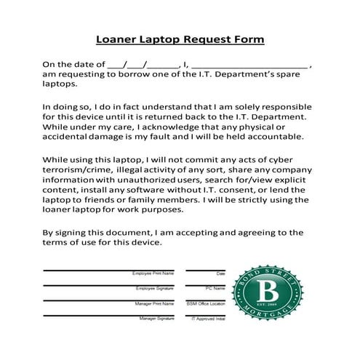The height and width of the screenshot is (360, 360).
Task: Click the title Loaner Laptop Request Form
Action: [x=180, y=39]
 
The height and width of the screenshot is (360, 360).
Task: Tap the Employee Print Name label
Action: [x=153, y=273]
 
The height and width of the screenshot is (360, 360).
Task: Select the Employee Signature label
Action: [x=154, y=289]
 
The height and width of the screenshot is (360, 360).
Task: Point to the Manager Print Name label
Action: [x=153, y=303]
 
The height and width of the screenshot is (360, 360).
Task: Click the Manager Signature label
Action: [x=156, y=319]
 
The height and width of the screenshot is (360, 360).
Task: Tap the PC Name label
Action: [x=217, y=289]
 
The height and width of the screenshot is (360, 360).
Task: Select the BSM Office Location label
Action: [x=207, y=303]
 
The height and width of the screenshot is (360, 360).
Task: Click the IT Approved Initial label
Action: [x=209, y=319]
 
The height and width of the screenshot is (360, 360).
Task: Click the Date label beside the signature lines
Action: [x=221, y=273]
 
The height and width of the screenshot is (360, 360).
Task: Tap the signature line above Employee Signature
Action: [x=109, y=285]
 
